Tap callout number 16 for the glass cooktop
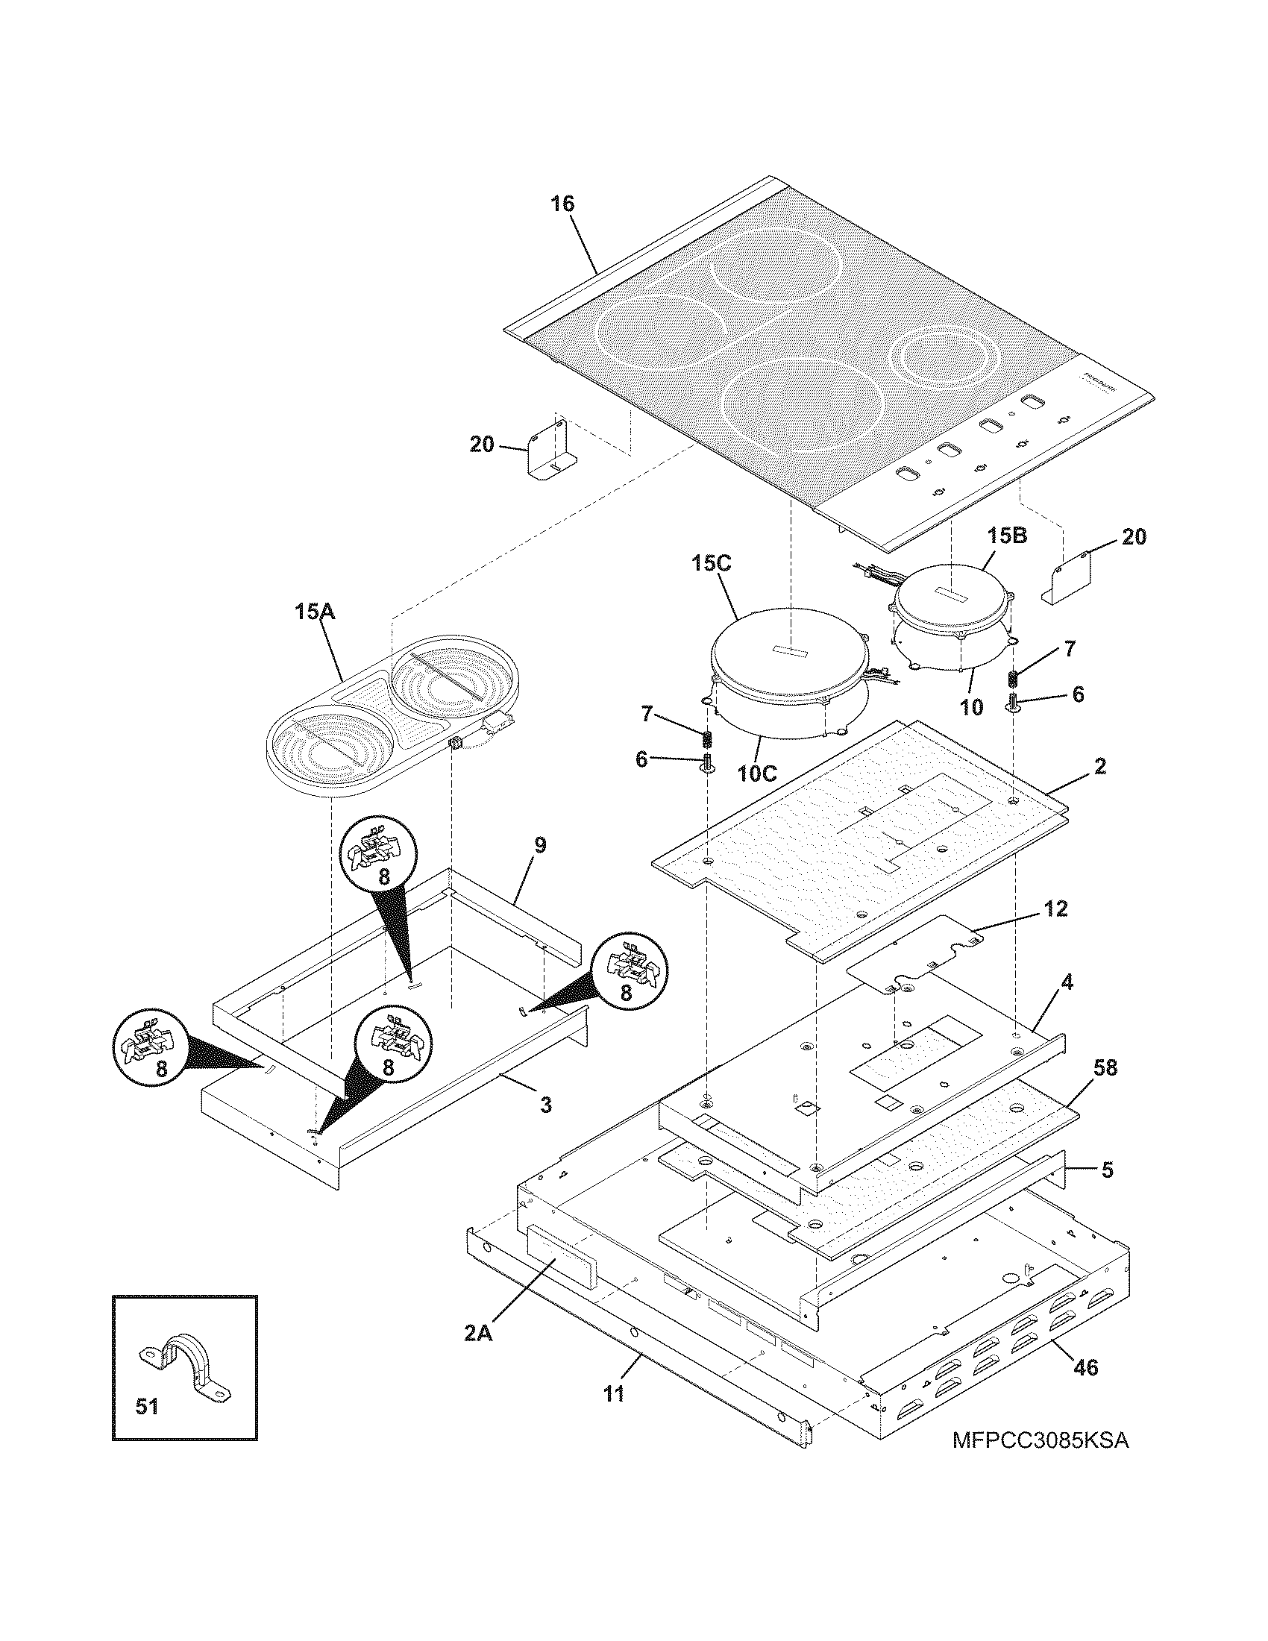562,204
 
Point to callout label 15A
315,612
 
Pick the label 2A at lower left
478,1334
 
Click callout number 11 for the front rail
614,1394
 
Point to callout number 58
1105,1067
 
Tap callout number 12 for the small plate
1055,909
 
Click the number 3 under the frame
546,1105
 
